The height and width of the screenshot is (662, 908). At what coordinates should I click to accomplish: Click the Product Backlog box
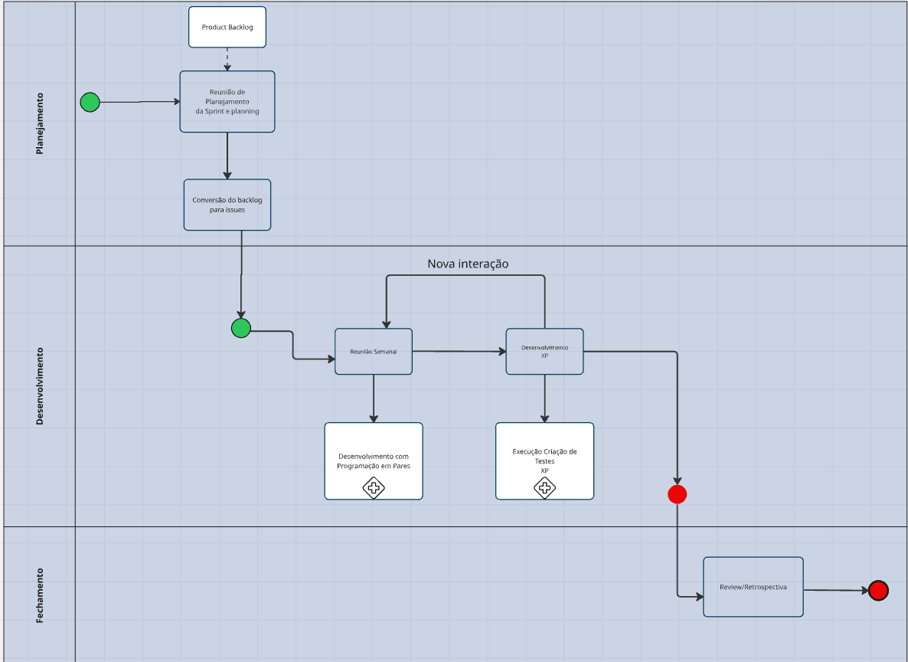227,27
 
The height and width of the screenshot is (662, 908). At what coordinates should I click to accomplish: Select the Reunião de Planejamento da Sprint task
227,101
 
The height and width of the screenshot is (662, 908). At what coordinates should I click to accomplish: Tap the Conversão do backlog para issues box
227,205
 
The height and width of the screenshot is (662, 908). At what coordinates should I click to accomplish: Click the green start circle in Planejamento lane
90,102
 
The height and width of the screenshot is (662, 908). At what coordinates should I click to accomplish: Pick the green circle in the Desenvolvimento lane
241,328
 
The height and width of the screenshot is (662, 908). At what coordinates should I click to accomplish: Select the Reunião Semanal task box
374,351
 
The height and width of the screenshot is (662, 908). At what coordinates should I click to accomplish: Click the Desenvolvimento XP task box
544,351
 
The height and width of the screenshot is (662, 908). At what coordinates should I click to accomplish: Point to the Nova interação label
468,264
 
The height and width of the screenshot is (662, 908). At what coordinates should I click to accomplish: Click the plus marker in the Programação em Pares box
374,487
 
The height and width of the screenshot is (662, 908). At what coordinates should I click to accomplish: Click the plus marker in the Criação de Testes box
544,487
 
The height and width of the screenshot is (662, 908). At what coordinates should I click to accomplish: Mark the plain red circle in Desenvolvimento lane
677,494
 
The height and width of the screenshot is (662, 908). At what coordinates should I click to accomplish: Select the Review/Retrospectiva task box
753,587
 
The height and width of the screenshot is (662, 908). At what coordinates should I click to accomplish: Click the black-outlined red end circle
878,590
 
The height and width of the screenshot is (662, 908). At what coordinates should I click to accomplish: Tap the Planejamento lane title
40,123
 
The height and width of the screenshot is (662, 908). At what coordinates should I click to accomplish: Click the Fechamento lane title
40,595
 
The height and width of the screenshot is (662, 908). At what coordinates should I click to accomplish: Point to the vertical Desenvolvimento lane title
40,385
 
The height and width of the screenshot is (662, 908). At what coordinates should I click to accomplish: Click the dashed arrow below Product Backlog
227,59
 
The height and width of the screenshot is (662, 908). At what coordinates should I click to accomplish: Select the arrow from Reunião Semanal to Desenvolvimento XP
459,351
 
